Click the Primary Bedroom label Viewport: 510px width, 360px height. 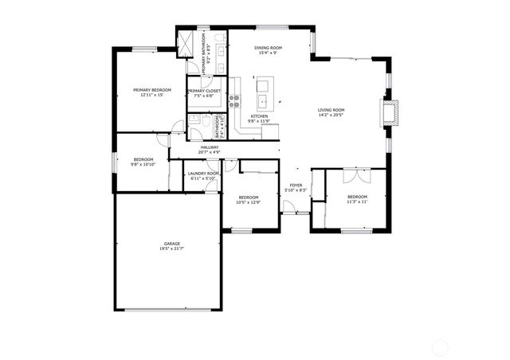pyautogui.click(x=151, y=90)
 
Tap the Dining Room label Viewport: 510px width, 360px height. pyautogui.click(x=269, y=48)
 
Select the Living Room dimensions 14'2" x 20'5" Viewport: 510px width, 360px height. pyautogui.click(x=331, y=115)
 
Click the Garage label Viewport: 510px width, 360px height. pyautogui.click(x=172, y=244)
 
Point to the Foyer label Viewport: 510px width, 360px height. pyautogui.click(x=294, y=185)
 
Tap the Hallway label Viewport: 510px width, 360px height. pyautogui.click(x=210, y=147)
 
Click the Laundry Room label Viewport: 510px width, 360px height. pyautogui.click(x=202, y=173)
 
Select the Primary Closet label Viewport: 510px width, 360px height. pyautogui.click(x=204, y=92)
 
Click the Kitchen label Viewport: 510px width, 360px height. pyautogui.click(x=260, y=116)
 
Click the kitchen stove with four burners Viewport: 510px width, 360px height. pyautogui.click(x=235, y=100)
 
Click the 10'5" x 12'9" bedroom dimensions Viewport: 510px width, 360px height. pyautogui.click(x=249, y=202)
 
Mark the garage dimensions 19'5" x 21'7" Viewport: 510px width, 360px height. pyautogui.click(x=172, y=249)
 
